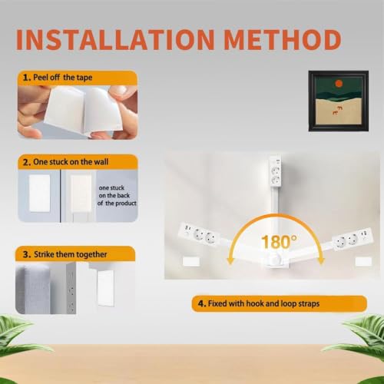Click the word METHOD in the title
[283, 40]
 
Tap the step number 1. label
[27, 78]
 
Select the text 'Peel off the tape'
[63, 78]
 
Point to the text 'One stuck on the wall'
[71, 162]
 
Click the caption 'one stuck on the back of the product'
[117, 195]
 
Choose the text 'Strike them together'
[71, 254]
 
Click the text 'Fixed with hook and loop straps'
[263, 303]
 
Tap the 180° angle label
[279, 242]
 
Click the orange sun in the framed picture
[339, 84]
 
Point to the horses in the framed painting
[338, 110]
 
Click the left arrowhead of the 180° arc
[230, 261]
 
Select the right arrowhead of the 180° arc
[321, 261]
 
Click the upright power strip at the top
[275, 171]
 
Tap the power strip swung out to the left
[199, 233]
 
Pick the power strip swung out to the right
[353, 239]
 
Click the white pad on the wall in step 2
[40, 194]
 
